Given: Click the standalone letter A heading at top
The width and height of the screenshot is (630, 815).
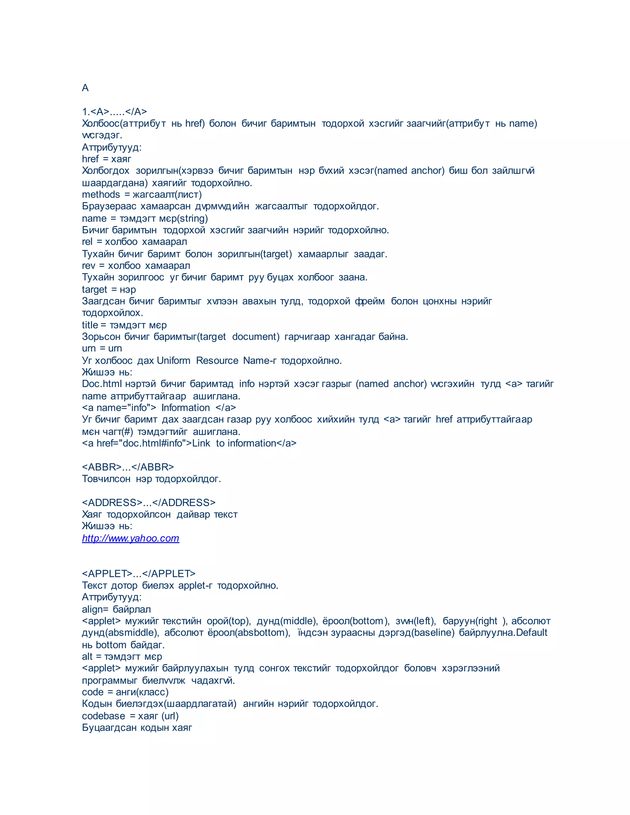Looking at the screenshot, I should [85, 88].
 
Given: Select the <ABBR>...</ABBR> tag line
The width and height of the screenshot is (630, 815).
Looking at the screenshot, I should [128, 467].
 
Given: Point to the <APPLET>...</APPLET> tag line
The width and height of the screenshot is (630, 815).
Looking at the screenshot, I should [138, 574].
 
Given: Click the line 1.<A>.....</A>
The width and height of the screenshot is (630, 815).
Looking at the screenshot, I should [114, 112].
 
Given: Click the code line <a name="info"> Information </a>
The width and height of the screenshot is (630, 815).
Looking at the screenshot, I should [159, 407].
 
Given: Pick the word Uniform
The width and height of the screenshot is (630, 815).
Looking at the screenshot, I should [173, 360].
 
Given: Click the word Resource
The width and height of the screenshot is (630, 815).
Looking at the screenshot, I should [217, 360].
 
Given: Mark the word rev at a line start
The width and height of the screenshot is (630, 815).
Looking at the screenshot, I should [89, 266].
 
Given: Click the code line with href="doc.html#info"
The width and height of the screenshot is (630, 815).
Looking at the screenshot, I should [189, 443].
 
